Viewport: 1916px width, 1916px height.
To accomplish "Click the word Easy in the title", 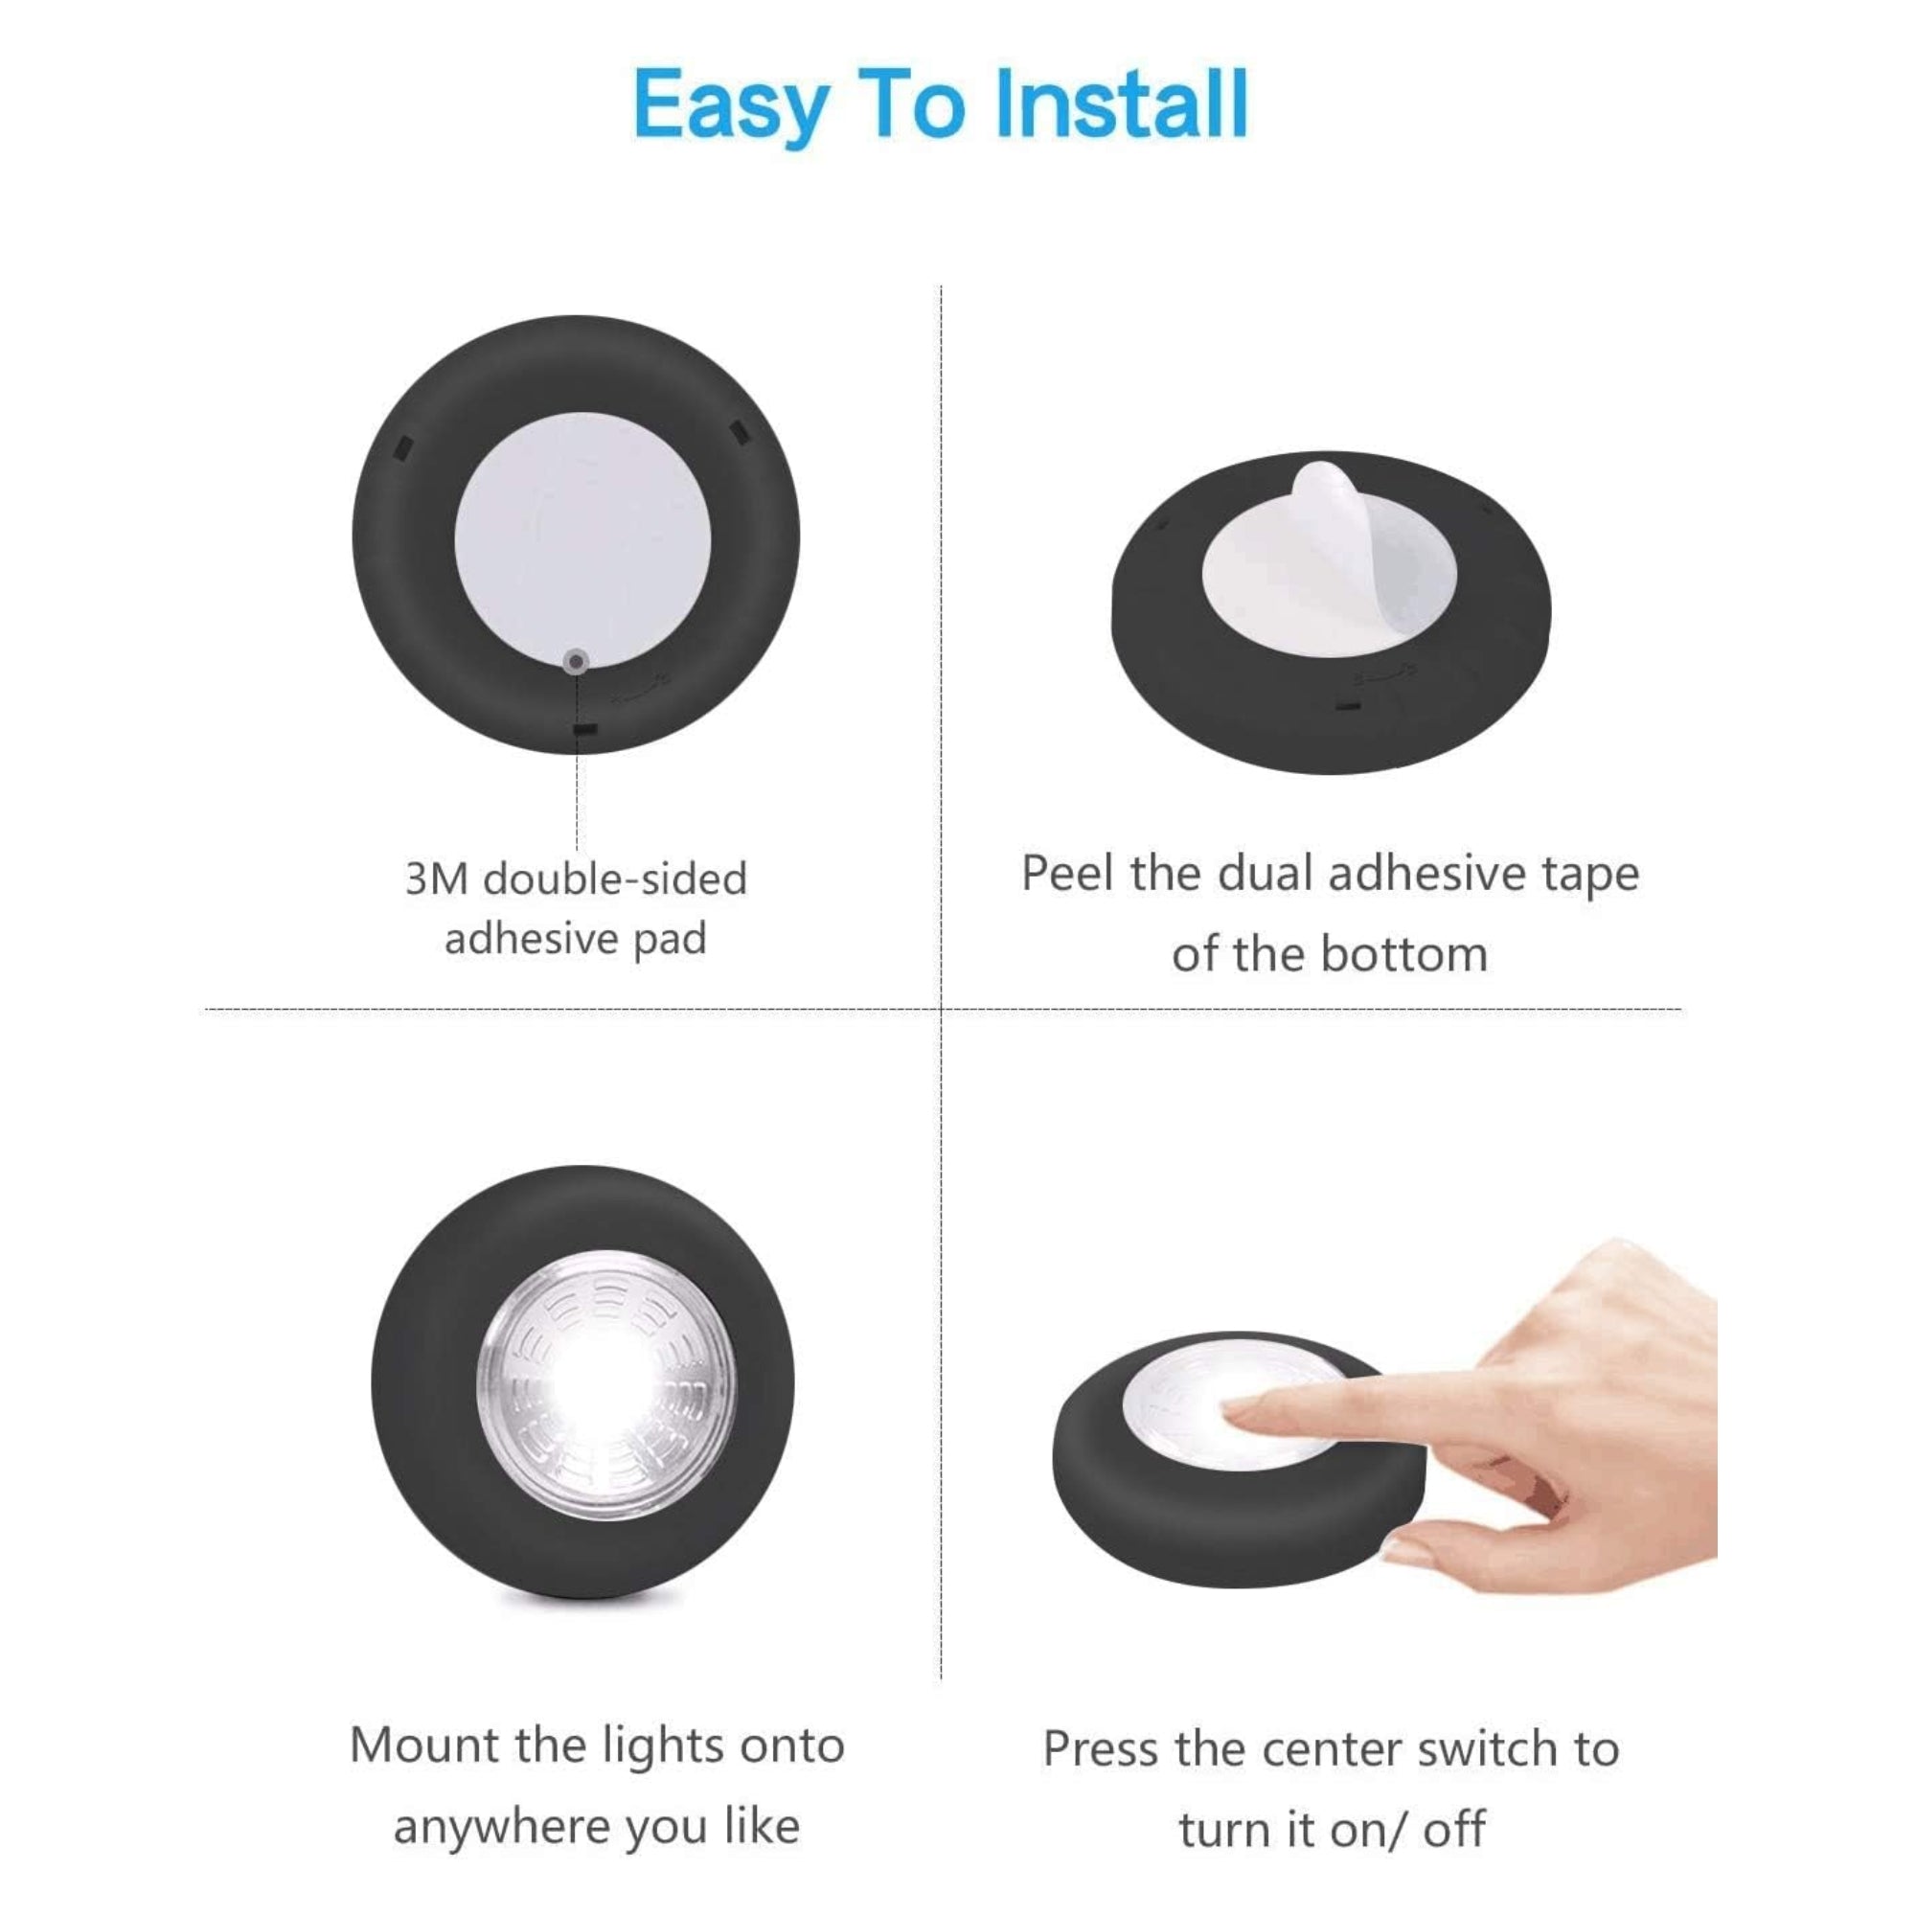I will click(732, 107).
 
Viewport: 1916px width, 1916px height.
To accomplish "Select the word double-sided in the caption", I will click(615, 879).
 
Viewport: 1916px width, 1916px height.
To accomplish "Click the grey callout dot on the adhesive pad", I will click(576, 661).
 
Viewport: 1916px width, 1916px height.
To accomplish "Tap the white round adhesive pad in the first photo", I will click(583, 536).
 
